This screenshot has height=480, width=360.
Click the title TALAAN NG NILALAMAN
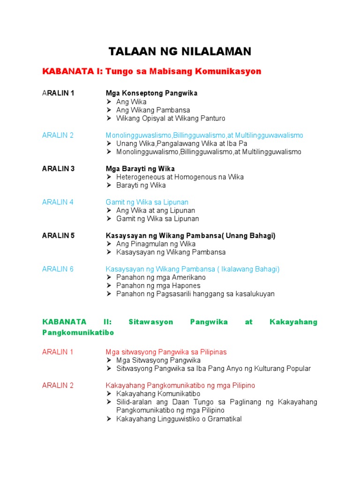coord(180,51)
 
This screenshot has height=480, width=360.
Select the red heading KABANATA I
coord(151,71)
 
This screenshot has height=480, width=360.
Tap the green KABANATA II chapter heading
coord(180,327)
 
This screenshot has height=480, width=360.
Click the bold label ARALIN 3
coord(58,169)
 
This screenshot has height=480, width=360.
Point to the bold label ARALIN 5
coord(58,236)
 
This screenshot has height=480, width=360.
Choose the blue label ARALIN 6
coord(58,269)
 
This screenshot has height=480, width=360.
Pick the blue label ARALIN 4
coord(58,202)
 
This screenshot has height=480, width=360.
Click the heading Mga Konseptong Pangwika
coord(151,93)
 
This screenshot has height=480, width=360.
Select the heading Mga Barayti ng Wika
coord(140,169)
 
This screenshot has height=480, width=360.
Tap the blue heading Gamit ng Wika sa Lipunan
coord(147,202)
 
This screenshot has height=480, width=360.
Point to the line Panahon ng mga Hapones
coord(158,285)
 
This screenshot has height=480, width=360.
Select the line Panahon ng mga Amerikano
coord(161,277)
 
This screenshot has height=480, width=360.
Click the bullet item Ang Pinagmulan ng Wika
coord(156,244)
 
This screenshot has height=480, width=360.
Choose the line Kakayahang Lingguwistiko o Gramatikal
coord(179,419)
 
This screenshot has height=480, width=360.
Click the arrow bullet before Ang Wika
coord(109,102)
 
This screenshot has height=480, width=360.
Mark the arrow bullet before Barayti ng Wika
coord(109,185)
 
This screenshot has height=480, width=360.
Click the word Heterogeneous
coord(139,177)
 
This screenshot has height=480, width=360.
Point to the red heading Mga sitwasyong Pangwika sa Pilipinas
coord(166,352)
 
